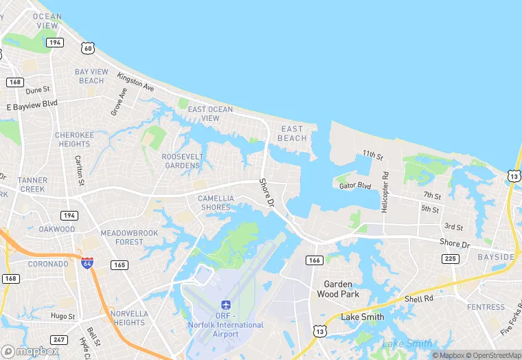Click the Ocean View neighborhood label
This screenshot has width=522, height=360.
pyautogui.click(x=47, y=21)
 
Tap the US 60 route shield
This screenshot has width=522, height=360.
pyautogui.click(x=87, y=47)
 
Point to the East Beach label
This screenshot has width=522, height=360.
pyautogui.click(x=292, y=133)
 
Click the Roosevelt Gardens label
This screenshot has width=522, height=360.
pyautogui.click(x=183, y=161)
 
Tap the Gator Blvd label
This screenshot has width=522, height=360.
pyautogui.click(x=355, y=185)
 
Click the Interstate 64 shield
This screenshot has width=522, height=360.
pyautogui.click(x=87, y=263)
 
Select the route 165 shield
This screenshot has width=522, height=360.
pyautogui.click(x=120, y=265)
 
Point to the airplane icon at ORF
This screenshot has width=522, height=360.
pyautogui.click(x=225, y=304)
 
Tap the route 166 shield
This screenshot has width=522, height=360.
pyautogui.click(x=315, y=260)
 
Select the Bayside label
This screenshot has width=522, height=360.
pyautogui.click(x=496, y=257)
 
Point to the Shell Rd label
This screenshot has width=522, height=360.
pyautogui.click(x=418, y=299)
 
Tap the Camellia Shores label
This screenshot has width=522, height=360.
pyautogui.click(x=216, y=203)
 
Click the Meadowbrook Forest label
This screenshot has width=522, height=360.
pyautogui.click(x=129, y=237)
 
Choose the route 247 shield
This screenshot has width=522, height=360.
pyautogui.click(x=60, y=339)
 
